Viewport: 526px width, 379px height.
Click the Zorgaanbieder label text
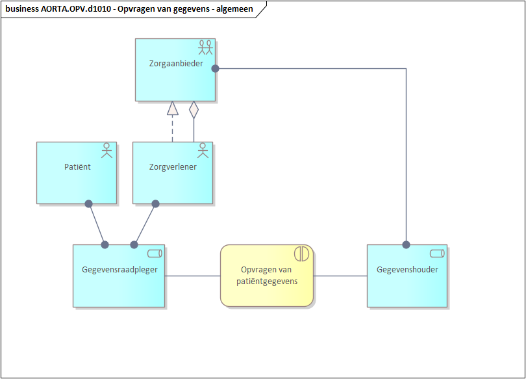pos(175,64)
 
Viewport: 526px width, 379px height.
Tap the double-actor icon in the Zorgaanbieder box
pos(206,47)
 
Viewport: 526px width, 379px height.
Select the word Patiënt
pos(77,167)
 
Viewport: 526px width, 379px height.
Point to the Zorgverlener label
pos(173,167)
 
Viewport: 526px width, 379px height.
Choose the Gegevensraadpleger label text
pos(119,270)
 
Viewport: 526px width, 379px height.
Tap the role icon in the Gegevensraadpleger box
pos(155,253)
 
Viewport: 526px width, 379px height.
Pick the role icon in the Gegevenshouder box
pos(437,253)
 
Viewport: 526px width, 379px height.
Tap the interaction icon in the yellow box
pos(303,254)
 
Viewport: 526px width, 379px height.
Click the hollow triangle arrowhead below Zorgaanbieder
pos(172,109)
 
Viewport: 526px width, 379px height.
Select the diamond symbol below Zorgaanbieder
pos(194,109)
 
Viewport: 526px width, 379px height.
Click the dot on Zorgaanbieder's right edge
pos(215,68)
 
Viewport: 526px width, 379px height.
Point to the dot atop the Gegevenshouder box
pos(407,245)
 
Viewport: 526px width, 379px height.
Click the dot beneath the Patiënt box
pos(89,203)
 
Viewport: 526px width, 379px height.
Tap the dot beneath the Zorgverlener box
pos(155,203)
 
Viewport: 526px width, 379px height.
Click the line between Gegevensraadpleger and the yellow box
pos(192,276)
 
